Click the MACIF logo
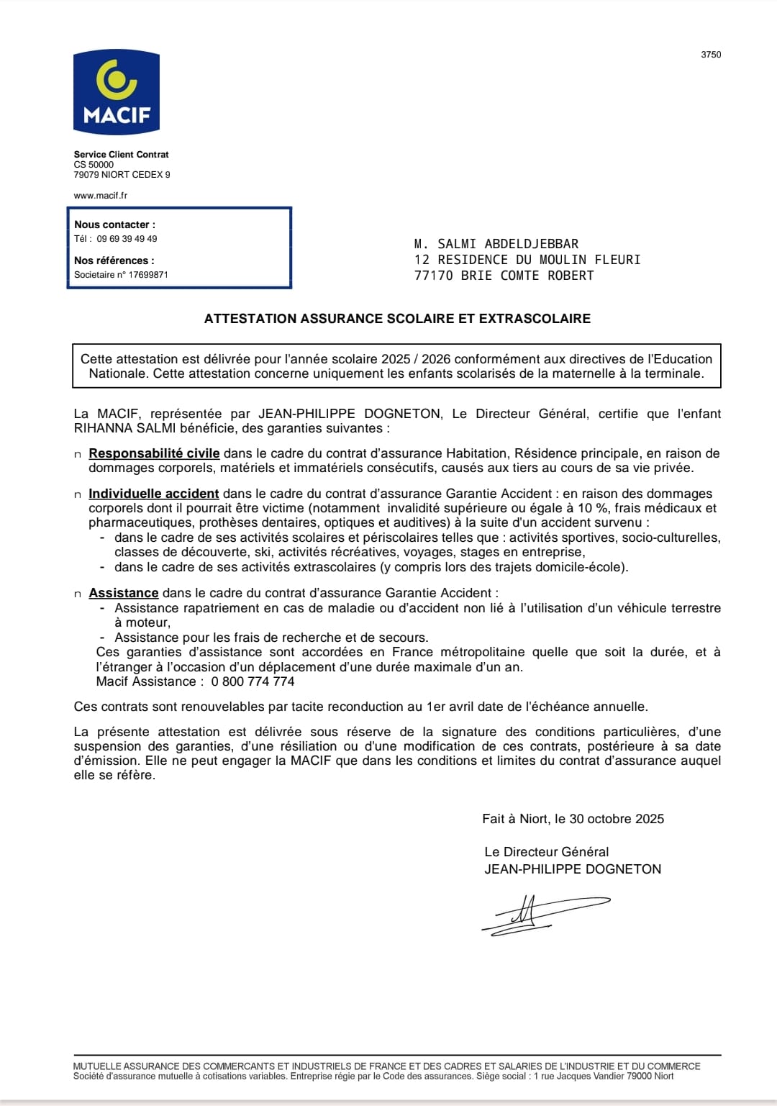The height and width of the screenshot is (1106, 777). (x=116, y=91)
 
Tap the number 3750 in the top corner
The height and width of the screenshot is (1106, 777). (x=711, y=55)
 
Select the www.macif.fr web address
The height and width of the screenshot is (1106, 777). (x=101, y=196)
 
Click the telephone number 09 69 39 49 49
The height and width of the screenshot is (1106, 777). (x=127, y=239)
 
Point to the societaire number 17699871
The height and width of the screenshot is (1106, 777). (x=148, y=275)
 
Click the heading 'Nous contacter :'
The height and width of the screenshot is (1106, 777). (x=114, y=225)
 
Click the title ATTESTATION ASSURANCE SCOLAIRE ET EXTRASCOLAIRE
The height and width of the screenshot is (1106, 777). (x=397, y=319)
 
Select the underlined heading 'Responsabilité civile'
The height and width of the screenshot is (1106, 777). (x=154, y=453)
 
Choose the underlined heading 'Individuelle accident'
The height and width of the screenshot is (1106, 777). (x=153, y=494)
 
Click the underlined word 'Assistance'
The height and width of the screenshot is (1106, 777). (x=123, y=593)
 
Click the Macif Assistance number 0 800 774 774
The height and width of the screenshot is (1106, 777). (x=253, y=681)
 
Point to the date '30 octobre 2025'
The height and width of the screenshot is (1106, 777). (x=617, y=819)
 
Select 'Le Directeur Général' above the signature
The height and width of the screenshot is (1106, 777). (x=546, y=852)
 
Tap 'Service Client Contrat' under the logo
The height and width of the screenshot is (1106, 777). (x=121, y=155)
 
